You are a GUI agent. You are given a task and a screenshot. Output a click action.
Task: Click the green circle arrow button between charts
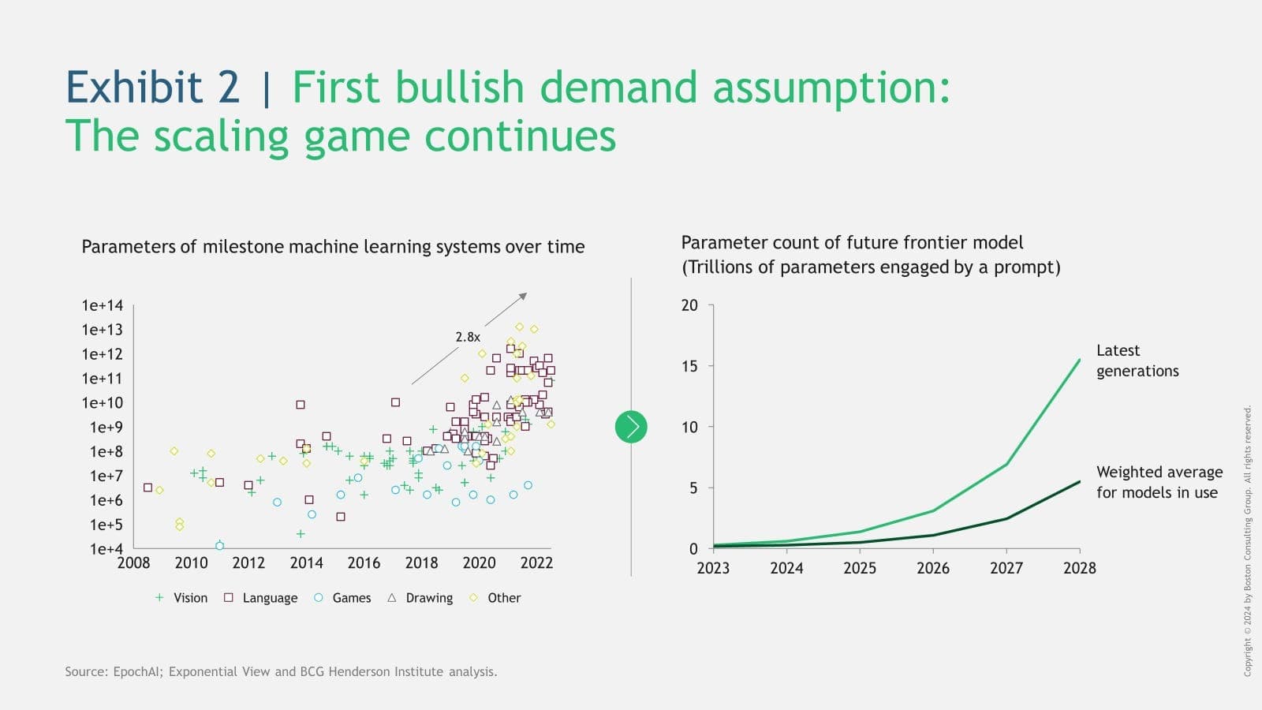point(631,427)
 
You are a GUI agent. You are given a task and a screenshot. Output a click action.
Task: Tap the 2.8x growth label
point(468,337)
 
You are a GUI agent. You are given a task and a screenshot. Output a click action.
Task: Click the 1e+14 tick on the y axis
point(103,305)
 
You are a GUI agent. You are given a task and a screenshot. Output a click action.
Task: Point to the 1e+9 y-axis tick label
point(106,428)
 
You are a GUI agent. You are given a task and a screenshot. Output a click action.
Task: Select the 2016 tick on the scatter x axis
point(364,562)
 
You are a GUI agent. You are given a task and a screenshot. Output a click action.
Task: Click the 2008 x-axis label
point(133,562)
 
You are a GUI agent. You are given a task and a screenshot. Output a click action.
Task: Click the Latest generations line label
point(1137,361)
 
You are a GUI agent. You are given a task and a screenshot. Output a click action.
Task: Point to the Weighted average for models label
point(1159,482)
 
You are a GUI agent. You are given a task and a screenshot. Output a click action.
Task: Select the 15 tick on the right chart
point(689,366)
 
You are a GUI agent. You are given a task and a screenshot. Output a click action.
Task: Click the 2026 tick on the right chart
point(933,568)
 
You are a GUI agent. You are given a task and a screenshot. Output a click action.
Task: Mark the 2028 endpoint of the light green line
point(1079,361)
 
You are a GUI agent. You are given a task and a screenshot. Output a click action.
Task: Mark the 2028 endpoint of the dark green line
point(1079,482)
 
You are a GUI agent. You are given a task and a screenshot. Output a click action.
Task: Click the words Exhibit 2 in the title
point(152,87)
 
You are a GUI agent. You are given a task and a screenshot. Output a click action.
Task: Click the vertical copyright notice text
point(1248,540)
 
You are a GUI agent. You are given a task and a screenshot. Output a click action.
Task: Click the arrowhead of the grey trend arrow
point(524,296)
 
